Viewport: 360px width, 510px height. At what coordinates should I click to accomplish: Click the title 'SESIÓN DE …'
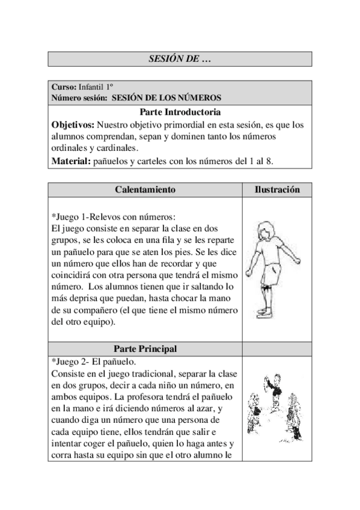[x=180, y=59]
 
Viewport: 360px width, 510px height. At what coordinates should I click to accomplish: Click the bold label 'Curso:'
[x=64, y=87]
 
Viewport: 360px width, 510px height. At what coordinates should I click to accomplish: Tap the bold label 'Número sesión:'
[x=79, y=97]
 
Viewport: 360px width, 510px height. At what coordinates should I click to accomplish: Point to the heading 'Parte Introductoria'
[x=180, y=112]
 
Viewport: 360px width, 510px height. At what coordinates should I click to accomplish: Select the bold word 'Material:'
[x=71, y=161]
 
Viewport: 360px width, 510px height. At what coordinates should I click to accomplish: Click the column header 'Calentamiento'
[x=145, y=189]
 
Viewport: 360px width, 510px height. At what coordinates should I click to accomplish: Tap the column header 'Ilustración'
[x=276, y=189]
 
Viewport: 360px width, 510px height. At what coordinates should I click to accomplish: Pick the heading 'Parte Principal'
[x=145, y=349]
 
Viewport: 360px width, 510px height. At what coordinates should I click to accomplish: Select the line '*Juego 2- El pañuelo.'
[x=94, y=361]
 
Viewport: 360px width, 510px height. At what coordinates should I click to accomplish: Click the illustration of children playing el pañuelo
[x=276, y=407]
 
